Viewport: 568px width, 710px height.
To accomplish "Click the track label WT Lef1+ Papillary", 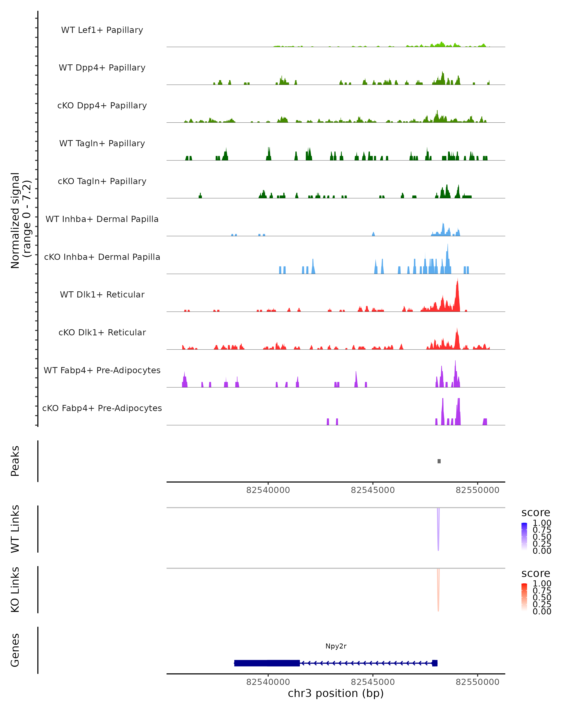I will (x=102, y=30).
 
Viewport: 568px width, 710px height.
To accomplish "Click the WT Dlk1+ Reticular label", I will (x=102, y=294).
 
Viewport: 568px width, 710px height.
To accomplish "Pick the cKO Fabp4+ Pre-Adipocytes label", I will (x=102, y=408).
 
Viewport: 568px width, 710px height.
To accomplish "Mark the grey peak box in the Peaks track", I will (x=439, y=461).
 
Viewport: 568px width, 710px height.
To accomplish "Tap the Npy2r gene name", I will (x=336, y=646).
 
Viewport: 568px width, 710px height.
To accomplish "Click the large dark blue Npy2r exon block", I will (x=267, y=663).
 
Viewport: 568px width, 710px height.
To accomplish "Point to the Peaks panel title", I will (x=15, y=461).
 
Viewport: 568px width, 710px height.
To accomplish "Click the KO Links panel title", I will (x=15, y=590).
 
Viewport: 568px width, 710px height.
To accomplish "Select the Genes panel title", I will (x=15, y=650).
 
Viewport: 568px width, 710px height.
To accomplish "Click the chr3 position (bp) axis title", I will (x=336, y=693).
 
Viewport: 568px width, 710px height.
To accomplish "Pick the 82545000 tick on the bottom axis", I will (x=373, y=682).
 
